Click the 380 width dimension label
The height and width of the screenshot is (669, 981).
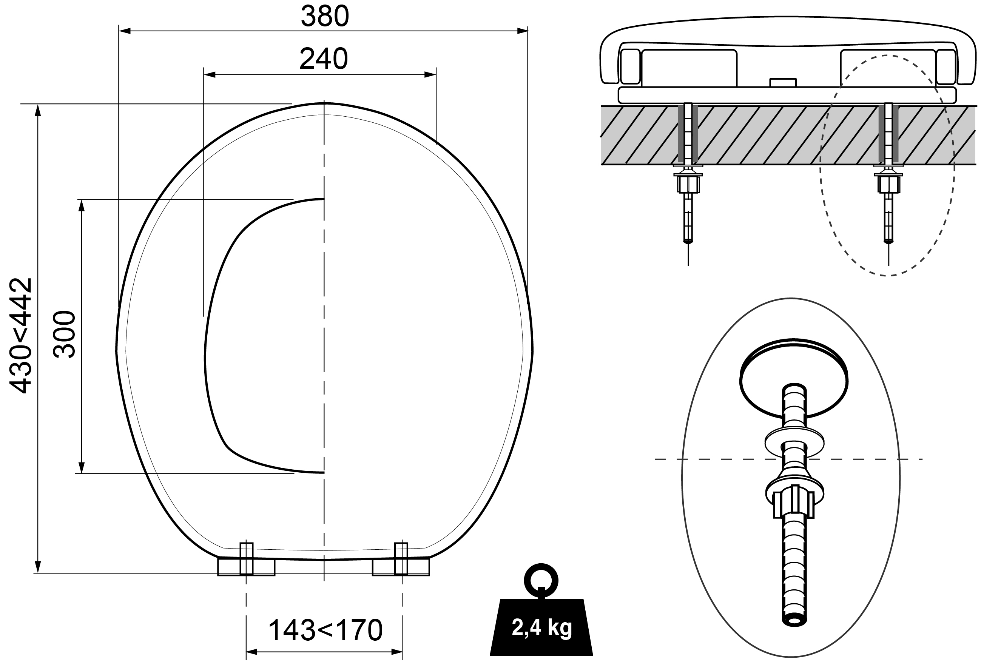[325, 17]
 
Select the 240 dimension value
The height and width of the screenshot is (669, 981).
[324, 59]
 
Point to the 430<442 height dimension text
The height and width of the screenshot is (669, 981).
[21, 335]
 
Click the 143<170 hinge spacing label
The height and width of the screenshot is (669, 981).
[325, 630]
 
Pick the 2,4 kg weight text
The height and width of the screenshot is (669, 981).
[541, 627]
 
